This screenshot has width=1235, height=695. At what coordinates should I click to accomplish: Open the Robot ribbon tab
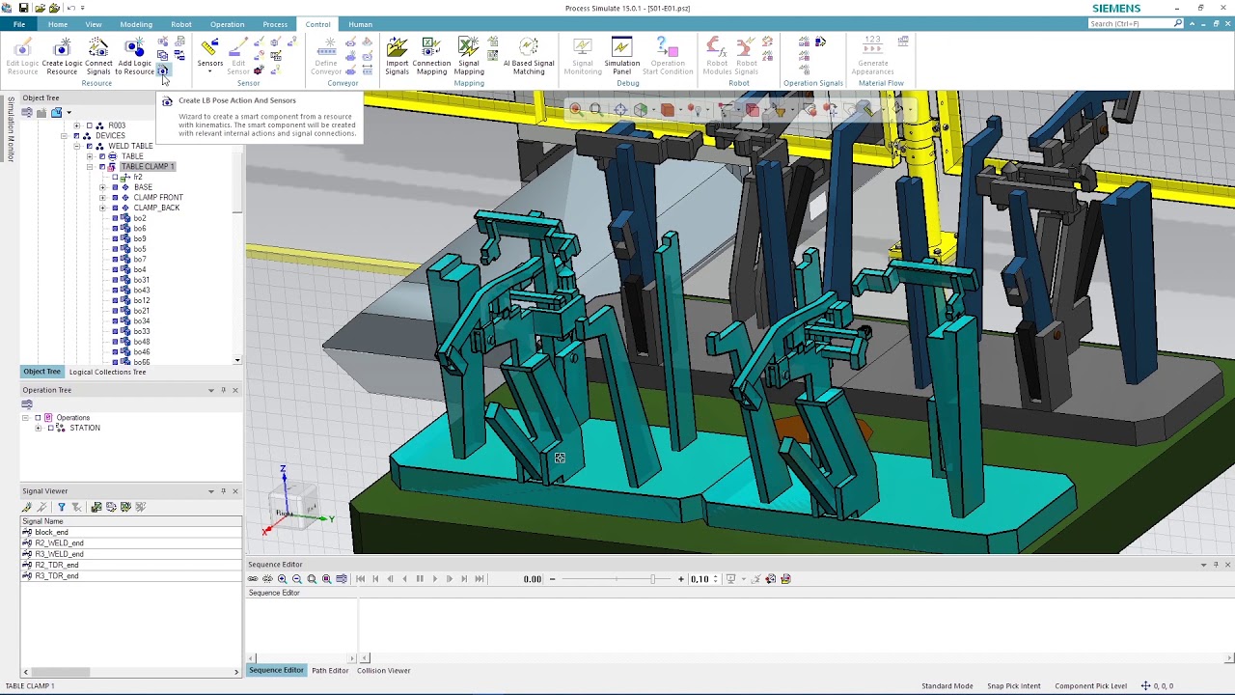coord(181,24)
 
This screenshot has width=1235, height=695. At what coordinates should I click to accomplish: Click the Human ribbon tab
coord(360,24)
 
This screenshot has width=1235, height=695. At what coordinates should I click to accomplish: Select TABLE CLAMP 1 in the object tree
coord(147,166)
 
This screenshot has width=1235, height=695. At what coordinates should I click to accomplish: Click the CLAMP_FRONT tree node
coord(158,197)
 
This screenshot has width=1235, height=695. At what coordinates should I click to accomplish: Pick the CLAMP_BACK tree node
coord(156,208)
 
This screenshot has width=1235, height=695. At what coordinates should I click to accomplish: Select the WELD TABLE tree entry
coord(130,146)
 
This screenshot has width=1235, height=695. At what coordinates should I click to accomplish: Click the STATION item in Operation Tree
coord(84,428)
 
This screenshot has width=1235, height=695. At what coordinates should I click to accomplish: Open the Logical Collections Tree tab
coord(107,372)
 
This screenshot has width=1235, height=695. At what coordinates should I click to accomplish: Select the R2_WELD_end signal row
coord(59,543)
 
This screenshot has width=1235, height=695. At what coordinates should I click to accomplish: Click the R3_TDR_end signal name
coord(57,576)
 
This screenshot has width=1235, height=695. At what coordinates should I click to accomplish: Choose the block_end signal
coord(51,533)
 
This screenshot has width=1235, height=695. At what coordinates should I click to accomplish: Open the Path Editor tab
coord(329,670)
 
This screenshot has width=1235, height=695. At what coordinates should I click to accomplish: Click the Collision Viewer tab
coord(383,670)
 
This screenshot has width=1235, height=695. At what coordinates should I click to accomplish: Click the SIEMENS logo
coord(1116,8)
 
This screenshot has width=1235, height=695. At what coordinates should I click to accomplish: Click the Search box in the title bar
coord(1131,24)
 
